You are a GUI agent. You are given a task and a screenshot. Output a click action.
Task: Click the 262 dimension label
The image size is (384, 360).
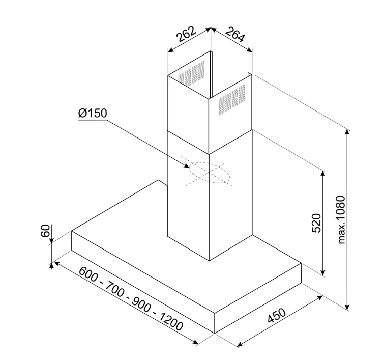[186, 34]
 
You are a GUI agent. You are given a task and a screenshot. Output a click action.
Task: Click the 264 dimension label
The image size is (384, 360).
[235, 35]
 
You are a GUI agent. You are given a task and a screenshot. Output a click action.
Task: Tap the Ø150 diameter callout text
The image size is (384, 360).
[93, 114]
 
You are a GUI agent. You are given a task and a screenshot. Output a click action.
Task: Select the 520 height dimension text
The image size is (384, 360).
[316, 223]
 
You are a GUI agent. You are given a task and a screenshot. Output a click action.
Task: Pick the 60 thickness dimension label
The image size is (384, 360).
[45, 231]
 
